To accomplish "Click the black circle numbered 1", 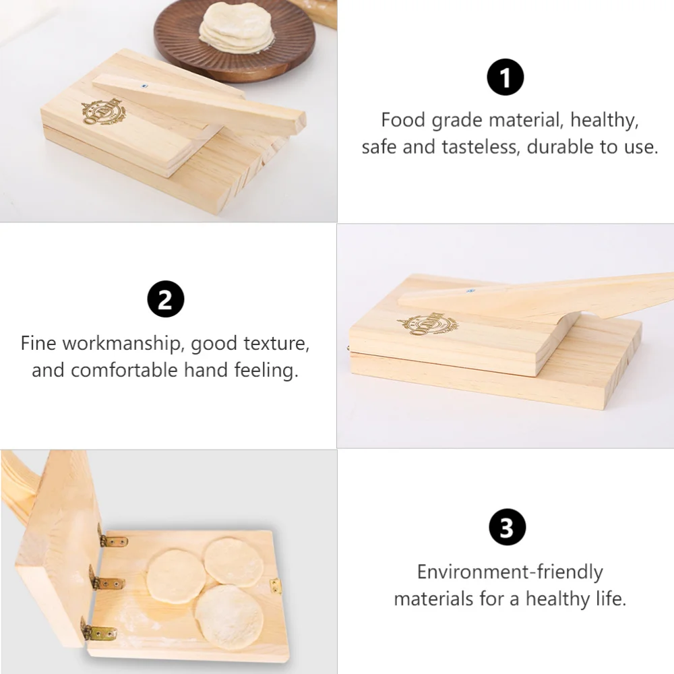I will [505, 77].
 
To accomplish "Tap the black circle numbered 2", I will [165, 300].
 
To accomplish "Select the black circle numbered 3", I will [506, 528].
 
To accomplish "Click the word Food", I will [403, 120].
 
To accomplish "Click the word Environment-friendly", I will [510, 572].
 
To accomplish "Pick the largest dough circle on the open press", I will [229, 616].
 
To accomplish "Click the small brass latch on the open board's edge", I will [276, 586].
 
